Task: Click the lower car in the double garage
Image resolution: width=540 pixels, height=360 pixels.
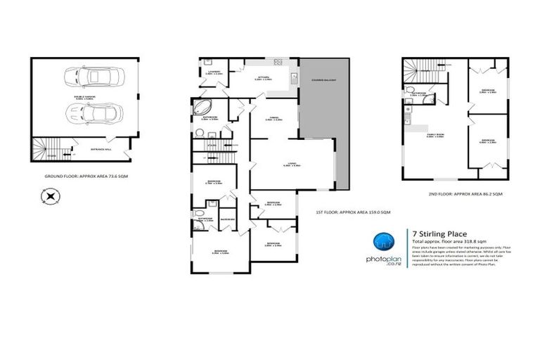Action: [91, 113]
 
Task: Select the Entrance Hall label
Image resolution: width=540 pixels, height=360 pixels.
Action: [98, 148]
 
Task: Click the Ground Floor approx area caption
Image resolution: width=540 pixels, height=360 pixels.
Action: [84, 174]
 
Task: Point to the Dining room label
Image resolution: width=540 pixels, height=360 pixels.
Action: [274, 120]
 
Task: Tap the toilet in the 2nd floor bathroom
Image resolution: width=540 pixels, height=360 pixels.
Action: [409, 91]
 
